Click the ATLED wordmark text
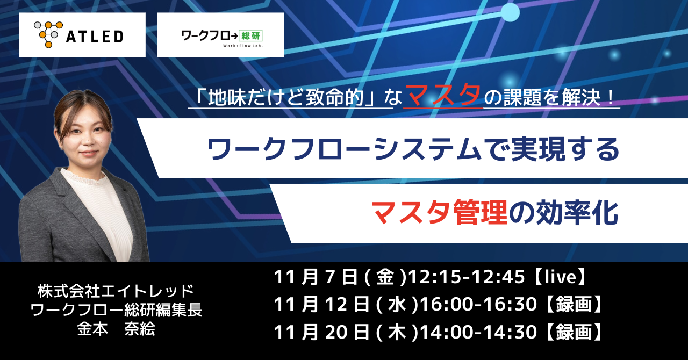95,37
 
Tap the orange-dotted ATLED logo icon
48,34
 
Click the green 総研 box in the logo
251,35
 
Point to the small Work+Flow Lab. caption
242,46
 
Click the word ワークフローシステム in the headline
344,149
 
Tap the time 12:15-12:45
466,277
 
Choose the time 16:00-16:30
478,305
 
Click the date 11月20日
321,333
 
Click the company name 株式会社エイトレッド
116,291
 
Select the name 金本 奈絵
116,329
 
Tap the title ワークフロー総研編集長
117,310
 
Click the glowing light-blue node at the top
511,12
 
